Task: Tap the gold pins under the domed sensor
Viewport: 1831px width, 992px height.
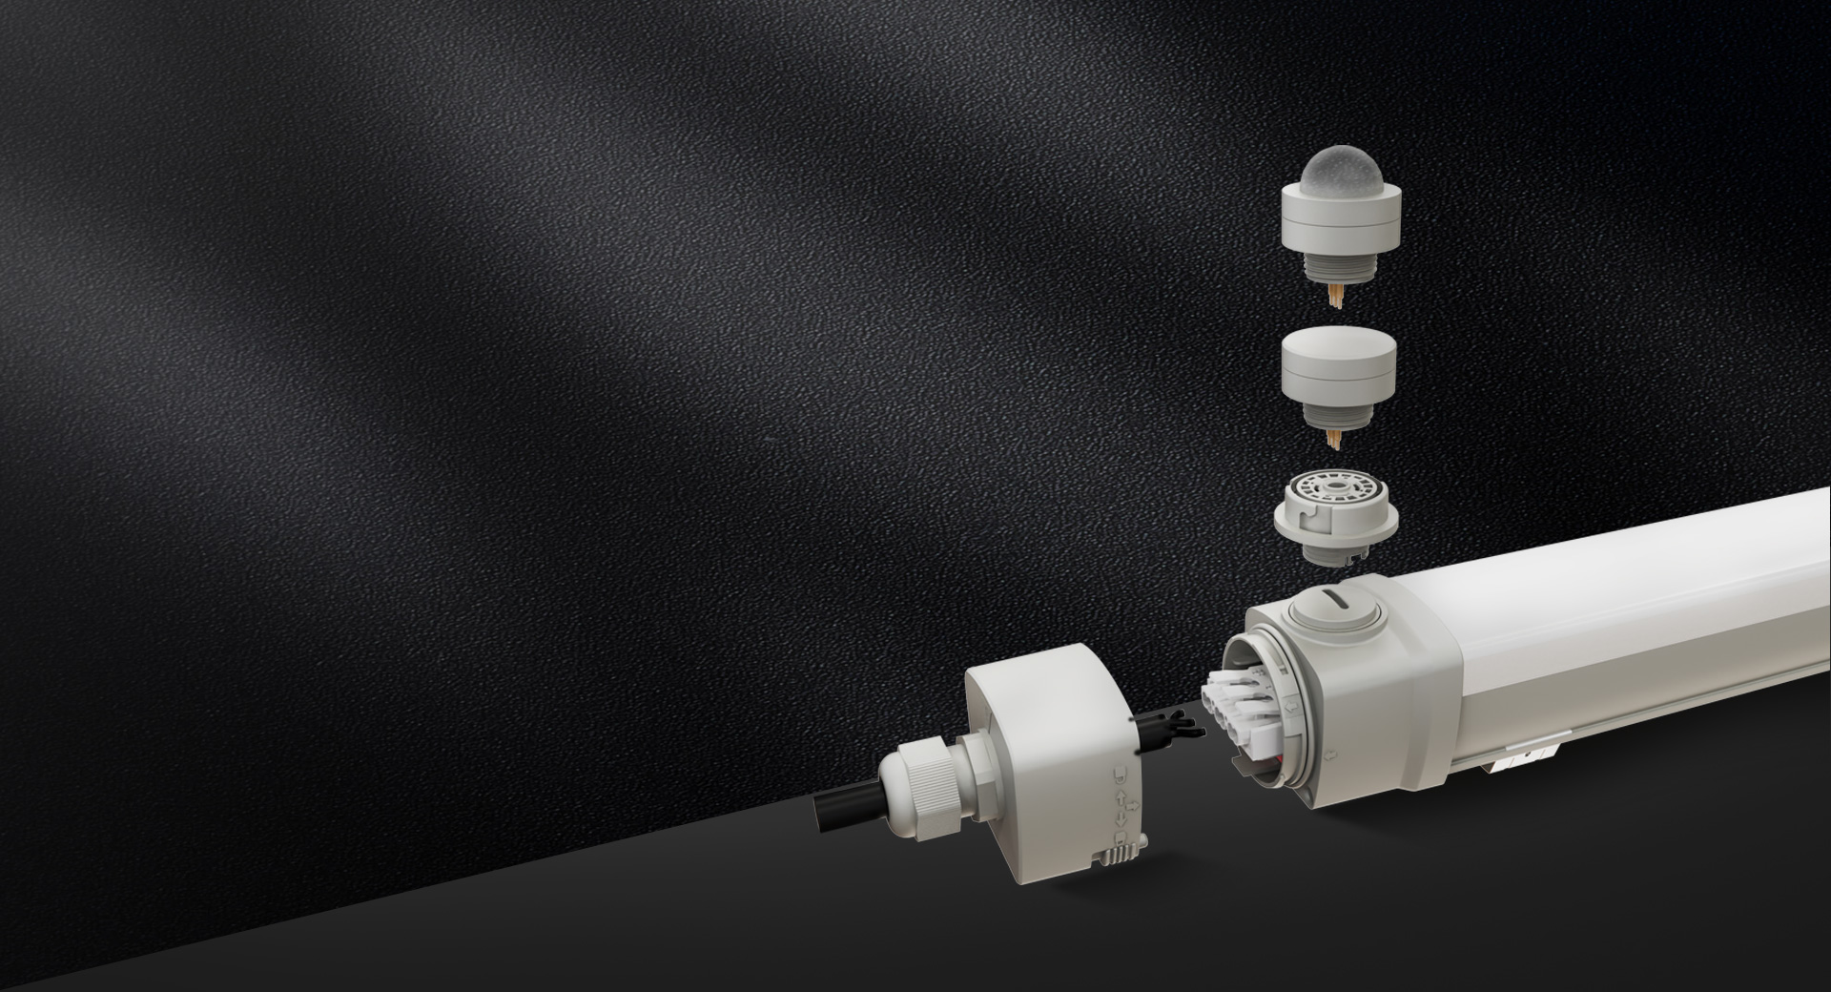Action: pos(1340,297)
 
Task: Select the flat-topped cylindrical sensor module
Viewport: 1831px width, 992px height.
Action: pos(1339,367)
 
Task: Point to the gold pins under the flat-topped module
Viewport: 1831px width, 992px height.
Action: pos(1339,438)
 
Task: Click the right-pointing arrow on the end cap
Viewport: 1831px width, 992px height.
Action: pos(1132,806)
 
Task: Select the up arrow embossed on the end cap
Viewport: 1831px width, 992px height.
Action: pos(1121,796)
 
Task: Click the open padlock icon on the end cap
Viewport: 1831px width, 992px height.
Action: pos(1121,775)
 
